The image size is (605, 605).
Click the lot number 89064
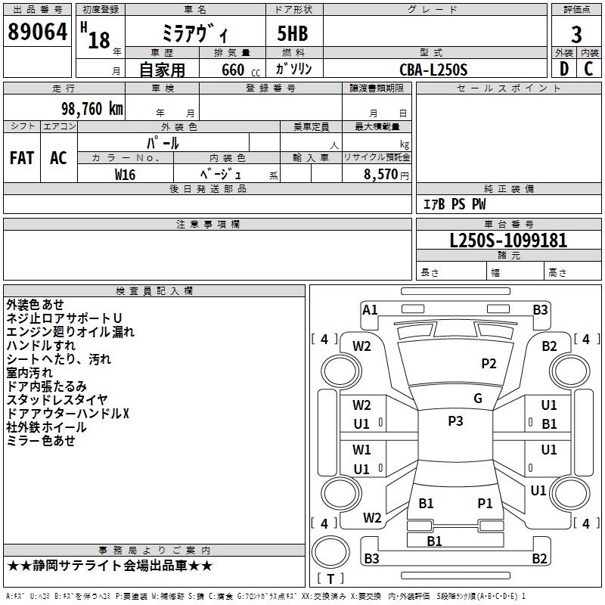click(37, 31)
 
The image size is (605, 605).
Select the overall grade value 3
click(576, 34)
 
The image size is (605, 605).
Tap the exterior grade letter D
click(564, 69)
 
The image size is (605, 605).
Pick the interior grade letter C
click(588, 69)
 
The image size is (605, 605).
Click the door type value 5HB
click(293, 33)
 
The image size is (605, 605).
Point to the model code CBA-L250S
click(433, 70)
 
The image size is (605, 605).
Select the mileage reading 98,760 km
click(92, 109)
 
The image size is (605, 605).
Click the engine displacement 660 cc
click(240, 70)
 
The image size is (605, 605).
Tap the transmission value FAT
click(22, 158)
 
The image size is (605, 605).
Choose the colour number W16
click(125, 175)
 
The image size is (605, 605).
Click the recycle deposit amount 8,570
click(380, 175)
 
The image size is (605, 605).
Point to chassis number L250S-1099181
click(508, 240)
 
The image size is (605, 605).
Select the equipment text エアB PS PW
click(455, 204)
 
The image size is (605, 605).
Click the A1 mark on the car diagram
click(370, 310)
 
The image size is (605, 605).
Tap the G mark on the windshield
click(478, 398)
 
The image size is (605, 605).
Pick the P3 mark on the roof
click(455, 420)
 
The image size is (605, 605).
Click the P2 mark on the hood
click(489, 364)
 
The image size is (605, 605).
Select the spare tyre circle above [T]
click(330, 552)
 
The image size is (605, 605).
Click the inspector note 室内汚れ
click(29, 373)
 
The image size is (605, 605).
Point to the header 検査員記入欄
click(154, 291)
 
